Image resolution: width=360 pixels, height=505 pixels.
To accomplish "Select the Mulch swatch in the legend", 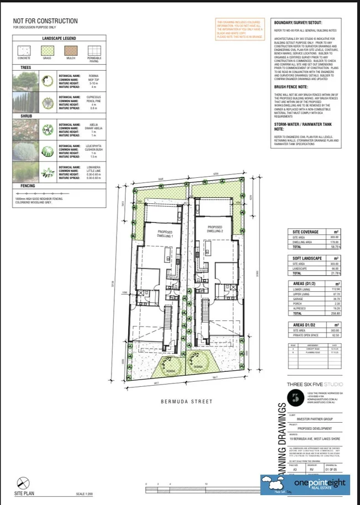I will coord(70,51).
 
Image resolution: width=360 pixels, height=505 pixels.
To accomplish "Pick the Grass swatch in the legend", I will coord(47,51).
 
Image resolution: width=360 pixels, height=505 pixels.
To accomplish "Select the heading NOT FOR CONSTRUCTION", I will coord(45,21).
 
